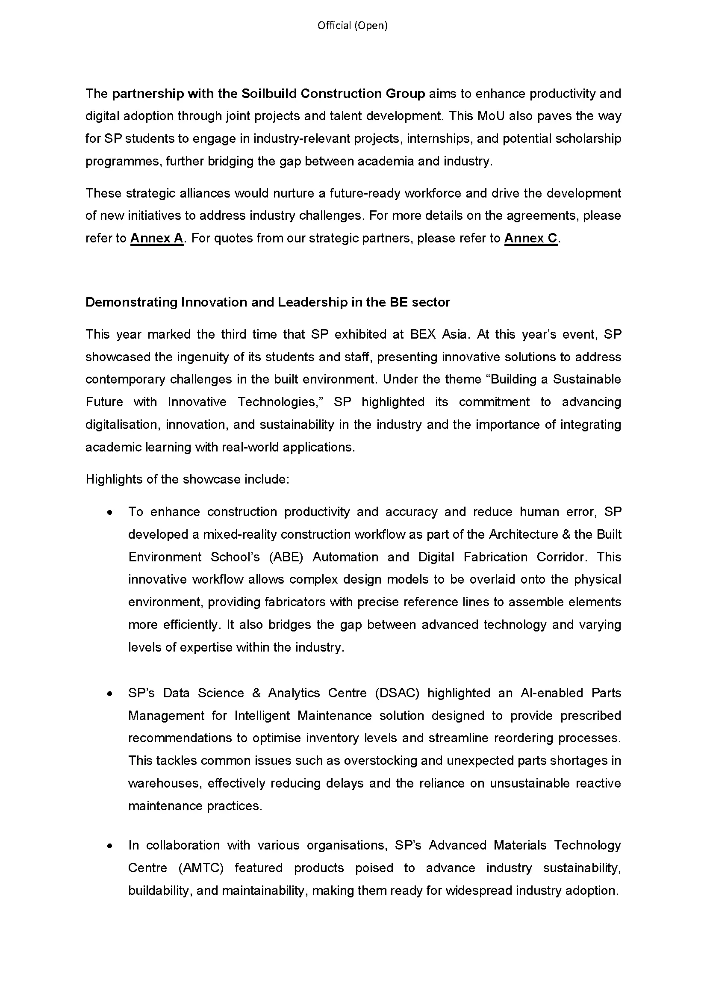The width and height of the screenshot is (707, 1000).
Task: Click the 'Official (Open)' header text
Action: click(x=352, y=26)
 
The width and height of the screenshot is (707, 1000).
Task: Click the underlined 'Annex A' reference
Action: click(x=157, y=238)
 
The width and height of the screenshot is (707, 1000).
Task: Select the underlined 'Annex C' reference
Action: click(x=531, y=238)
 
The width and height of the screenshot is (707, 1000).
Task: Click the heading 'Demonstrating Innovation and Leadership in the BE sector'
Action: click(x=267, y=302)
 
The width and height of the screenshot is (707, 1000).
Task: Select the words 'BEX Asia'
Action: click(x=439, y=334)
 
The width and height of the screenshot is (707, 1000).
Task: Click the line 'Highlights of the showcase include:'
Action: click(x=187, y=480)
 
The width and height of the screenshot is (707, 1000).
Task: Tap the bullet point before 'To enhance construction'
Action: click(x=110, y=513)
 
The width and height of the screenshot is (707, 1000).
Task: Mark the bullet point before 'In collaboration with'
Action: click(x=110, y=846)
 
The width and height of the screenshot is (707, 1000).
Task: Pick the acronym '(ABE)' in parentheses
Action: click(x=286, y=557)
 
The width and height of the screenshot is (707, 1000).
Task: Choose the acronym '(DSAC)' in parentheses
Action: click(x=397, y=693)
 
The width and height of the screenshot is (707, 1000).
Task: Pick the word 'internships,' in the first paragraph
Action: click(x=439, y=139)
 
